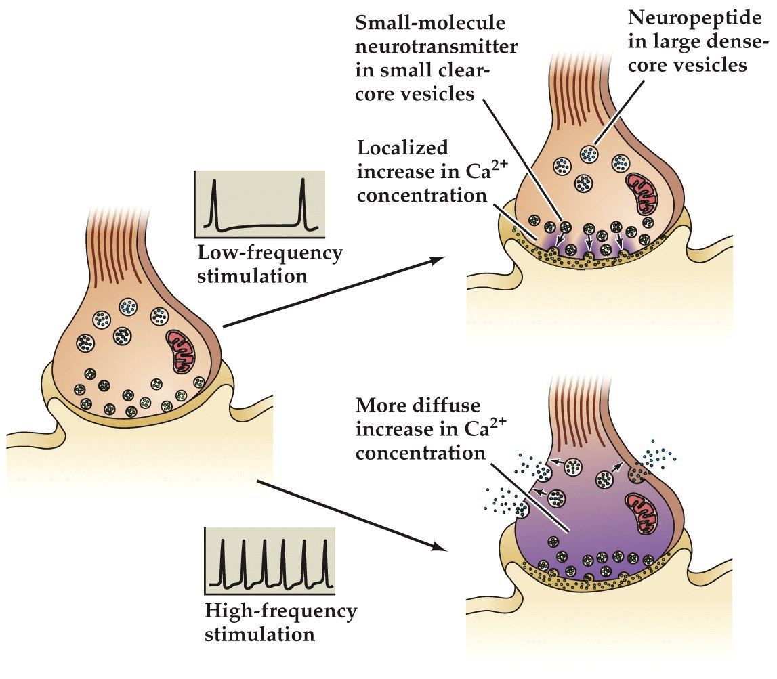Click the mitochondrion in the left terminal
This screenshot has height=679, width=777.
pos(183,349)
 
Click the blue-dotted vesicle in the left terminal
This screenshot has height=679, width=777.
pos(127,307)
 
